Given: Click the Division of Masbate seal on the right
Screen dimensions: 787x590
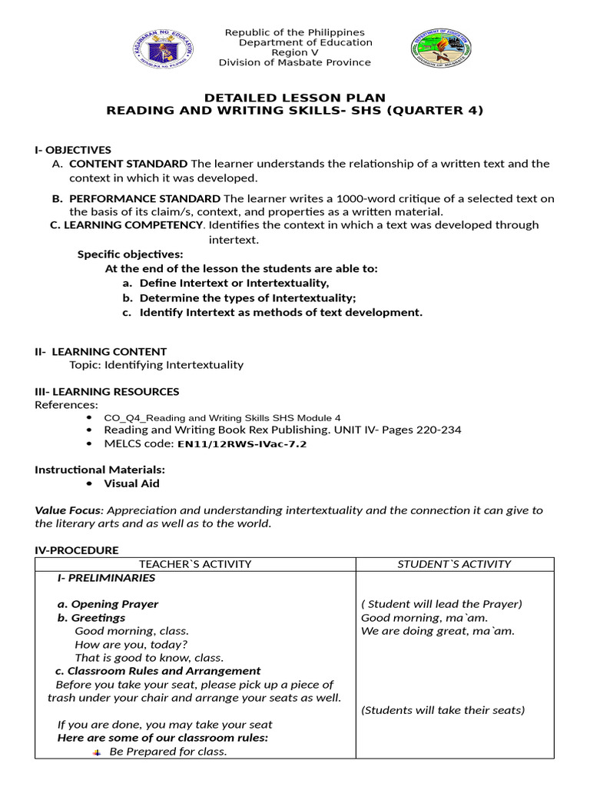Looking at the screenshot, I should coord(441,49).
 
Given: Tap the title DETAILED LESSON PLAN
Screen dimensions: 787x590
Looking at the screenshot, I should coord(294,98).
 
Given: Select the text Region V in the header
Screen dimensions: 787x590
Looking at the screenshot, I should coord(294,52).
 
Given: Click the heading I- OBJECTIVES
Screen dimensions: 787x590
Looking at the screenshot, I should coord(73,150).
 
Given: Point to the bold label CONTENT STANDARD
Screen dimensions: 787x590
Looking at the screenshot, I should coord(128,164).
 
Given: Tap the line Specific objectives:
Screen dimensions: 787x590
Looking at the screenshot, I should coord(131,254).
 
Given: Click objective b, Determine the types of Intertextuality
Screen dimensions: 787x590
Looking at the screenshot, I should coord(247,297).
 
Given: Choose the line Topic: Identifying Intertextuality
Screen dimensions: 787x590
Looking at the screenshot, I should coord(156,364).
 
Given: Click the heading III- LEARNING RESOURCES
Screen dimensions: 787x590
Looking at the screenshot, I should coord(107,391).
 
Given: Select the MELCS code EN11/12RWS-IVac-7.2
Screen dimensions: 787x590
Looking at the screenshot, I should coord(242,443).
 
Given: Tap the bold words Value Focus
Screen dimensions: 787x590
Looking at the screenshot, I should coord(68,510).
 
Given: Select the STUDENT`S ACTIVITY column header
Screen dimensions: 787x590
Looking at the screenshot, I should coord(454,564).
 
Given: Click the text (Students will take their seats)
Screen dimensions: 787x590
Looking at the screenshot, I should coord(443,710).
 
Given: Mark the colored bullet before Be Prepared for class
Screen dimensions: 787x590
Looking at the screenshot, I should coord(97,752).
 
